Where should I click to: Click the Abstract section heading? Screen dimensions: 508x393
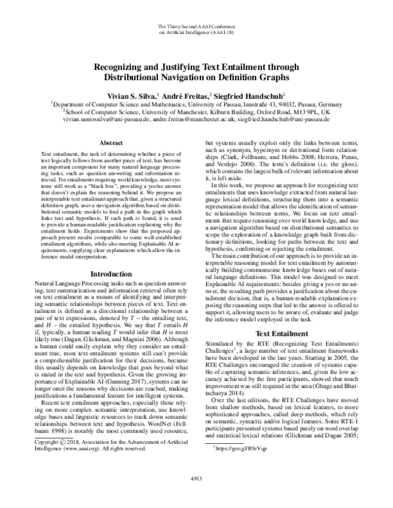[104, 141]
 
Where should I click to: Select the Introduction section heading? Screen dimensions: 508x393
[104, 274]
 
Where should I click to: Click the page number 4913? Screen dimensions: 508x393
[196, 496]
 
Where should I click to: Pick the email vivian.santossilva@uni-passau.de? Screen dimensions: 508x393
[107, 120]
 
